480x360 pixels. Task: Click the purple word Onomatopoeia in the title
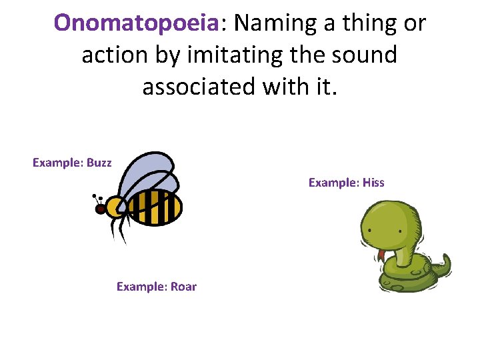(137, 24)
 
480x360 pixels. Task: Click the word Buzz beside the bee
(99, 163)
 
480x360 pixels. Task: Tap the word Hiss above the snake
(373, 183)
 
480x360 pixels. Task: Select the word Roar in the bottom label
(184, 287)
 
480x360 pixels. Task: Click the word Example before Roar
(141, 287)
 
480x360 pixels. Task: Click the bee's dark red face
(101, 209)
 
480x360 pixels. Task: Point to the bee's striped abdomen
(155, 207)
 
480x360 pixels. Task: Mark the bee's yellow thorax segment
(115, 207)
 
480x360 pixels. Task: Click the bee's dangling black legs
(120, 230)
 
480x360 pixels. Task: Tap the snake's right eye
(399, 231)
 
